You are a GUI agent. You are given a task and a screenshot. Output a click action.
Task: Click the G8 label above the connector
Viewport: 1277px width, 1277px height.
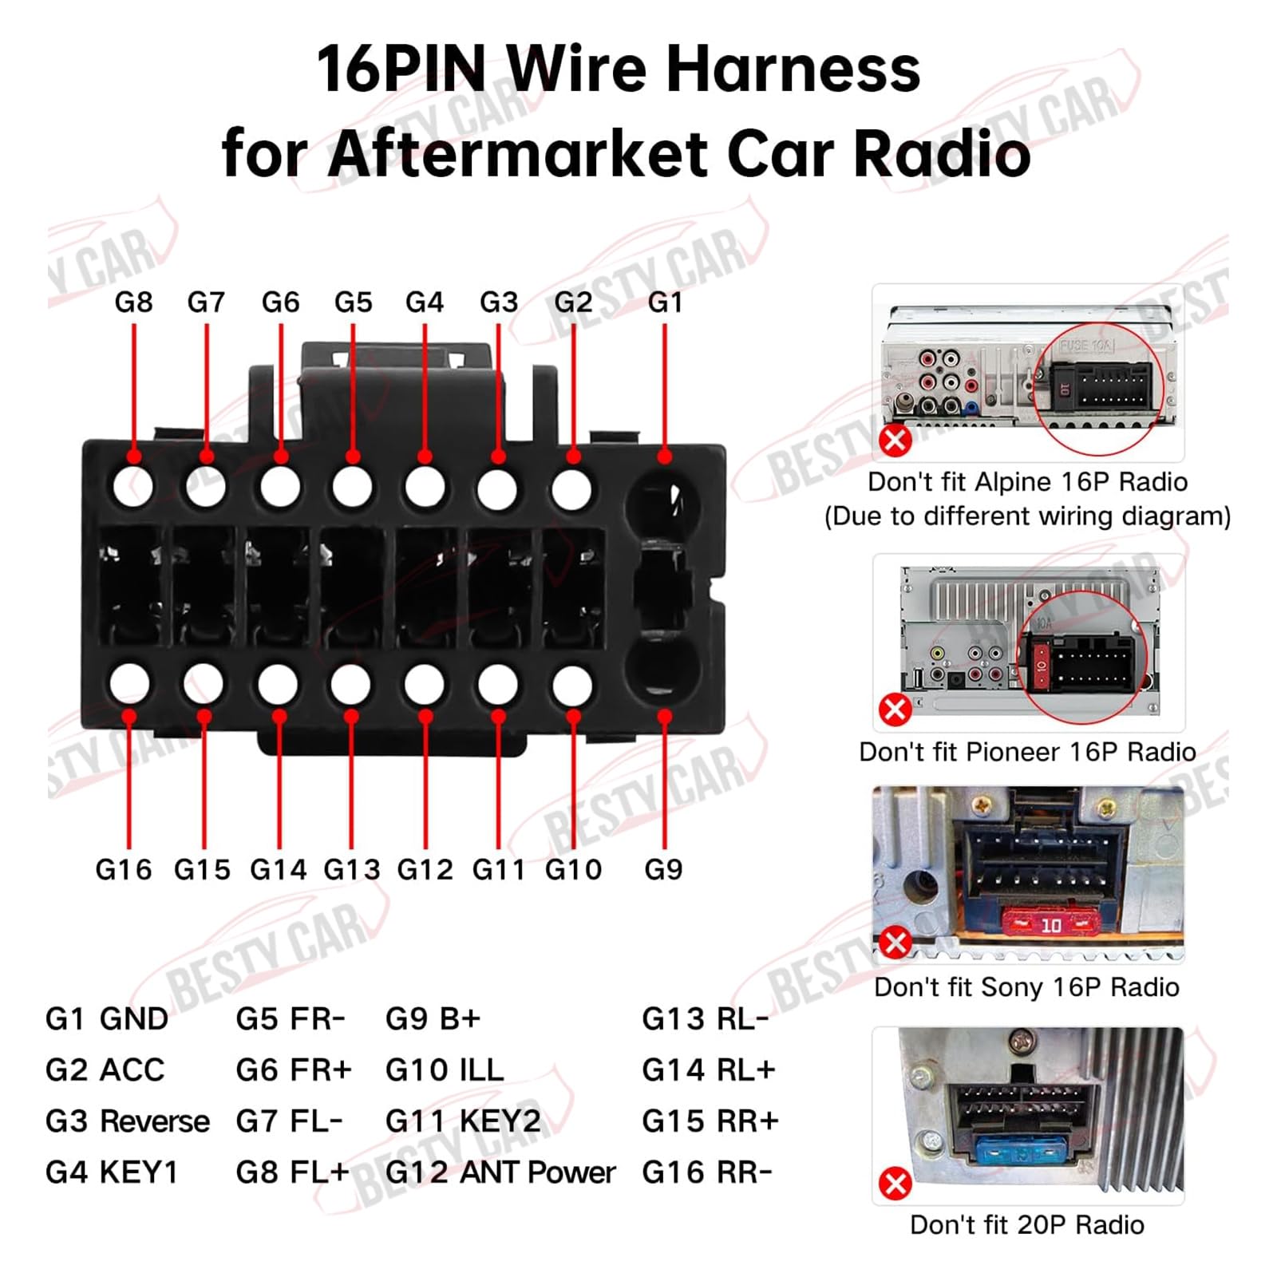133,302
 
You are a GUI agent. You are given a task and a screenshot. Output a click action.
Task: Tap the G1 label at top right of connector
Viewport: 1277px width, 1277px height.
664,302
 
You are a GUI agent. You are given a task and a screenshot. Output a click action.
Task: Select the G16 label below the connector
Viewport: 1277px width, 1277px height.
123,869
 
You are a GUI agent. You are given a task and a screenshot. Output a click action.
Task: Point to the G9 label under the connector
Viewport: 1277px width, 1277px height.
663,869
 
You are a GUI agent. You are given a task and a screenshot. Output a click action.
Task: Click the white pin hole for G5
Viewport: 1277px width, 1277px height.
352,486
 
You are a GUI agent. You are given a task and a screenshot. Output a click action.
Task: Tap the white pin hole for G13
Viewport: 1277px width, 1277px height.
350,685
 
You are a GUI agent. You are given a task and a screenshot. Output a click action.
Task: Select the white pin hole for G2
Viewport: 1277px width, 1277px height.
571,489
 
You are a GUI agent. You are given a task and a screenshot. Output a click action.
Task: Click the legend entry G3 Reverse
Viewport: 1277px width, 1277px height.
127,1121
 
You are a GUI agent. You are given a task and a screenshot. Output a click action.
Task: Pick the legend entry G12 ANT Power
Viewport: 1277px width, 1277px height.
500,1172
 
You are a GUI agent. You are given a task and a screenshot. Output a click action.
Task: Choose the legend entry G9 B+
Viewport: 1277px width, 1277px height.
433,1019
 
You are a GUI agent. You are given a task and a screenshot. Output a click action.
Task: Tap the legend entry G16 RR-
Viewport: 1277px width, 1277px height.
706,1172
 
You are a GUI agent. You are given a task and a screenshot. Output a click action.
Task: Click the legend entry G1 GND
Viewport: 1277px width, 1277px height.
106,1019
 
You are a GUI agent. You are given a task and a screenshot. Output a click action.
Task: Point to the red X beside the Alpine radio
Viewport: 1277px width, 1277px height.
895,440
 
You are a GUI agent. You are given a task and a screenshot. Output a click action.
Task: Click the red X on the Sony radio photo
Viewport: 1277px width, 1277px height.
895,943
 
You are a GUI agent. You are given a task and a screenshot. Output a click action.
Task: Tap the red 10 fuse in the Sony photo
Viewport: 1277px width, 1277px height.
1050,924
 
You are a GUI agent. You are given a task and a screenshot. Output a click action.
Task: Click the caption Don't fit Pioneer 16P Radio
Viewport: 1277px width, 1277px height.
1026,752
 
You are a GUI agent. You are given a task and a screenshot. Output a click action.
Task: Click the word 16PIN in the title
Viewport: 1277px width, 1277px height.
401,70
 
